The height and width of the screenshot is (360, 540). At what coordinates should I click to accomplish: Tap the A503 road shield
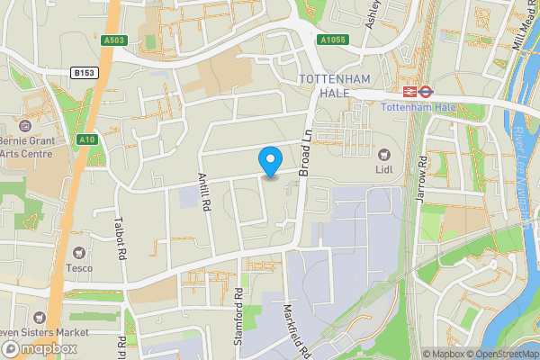point(113,39)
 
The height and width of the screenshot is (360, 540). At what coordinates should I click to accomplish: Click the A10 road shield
point(87,139)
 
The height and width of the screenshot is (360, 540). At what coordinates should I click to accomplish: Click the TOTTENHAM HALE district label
point(335,87)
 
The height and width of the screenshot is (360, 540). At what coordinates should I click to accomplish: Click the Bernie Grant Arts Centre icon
point(23,123)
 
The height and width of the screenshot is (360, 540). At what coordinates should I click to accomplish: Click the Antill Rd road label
point(205,192)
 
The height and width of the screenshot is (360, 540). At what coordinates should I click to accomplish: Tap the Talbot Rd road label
point(118,238)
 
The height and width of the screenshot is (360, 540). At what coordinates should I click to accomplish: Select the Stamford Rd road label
point(239,306)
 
